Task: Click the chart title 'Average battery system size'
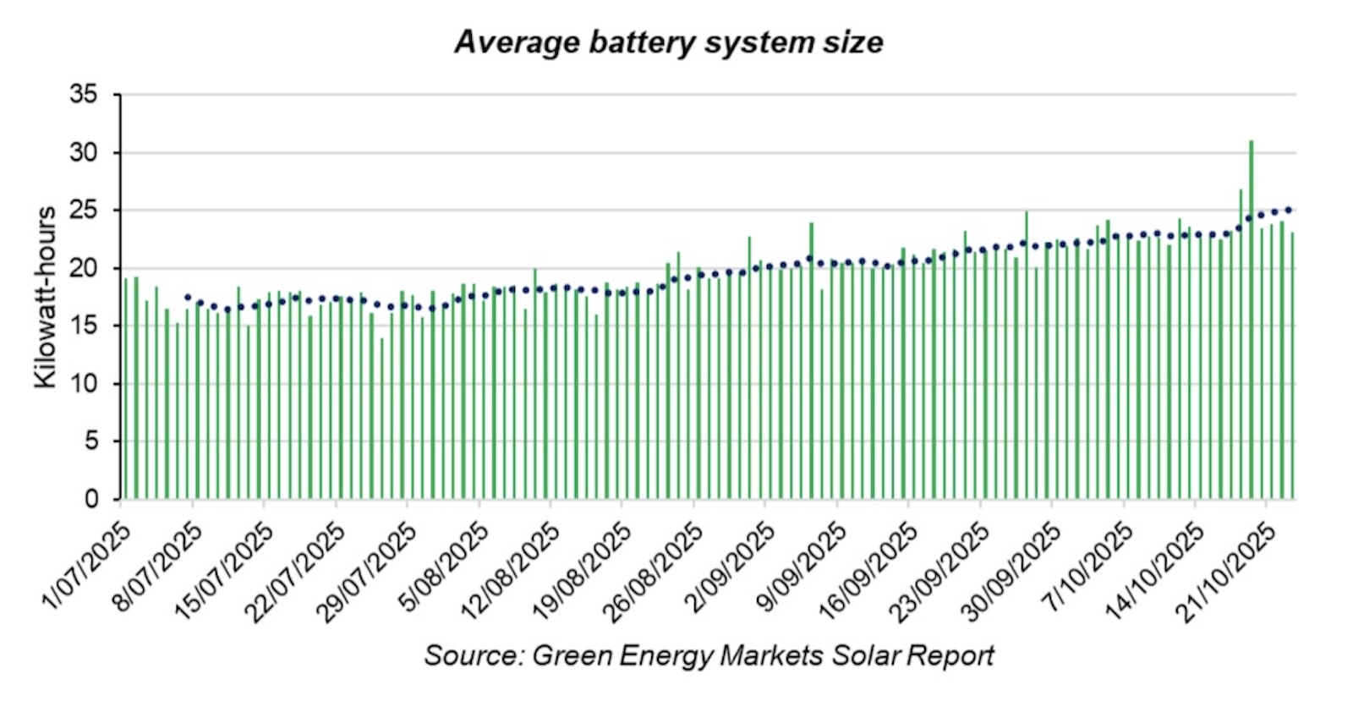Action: coord(668,42)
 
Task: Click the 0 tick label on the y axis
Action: coord(90,499)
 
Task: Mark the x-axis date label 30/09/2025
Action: coord(1014,570)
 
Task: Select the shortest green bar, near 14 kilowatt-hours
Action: coord(381,419)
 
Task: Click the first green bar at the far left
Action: coord(125,389)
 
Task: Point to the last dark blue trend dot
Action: coord(1288,209)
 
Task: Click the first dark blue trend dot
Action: coord(188,297)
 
